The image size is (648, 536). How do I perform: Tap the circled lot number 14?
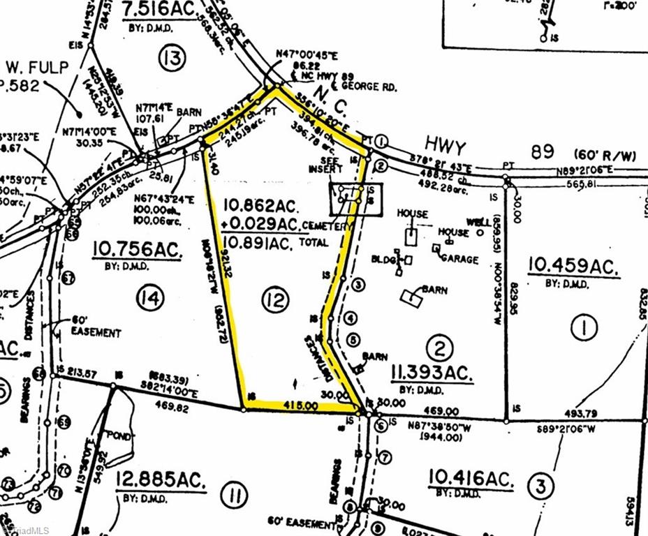point(151,299)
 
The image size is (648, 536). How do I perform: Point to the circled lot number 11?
point(233,496)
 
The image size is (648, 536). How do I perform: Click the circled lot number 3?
point(541,483)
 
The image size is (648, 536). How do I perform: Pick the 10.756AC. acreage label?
point(129,248)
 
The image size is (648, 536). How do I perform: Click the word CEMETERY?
point(327,226)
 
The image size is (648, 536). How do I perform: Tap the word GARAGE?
point(459,259)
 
